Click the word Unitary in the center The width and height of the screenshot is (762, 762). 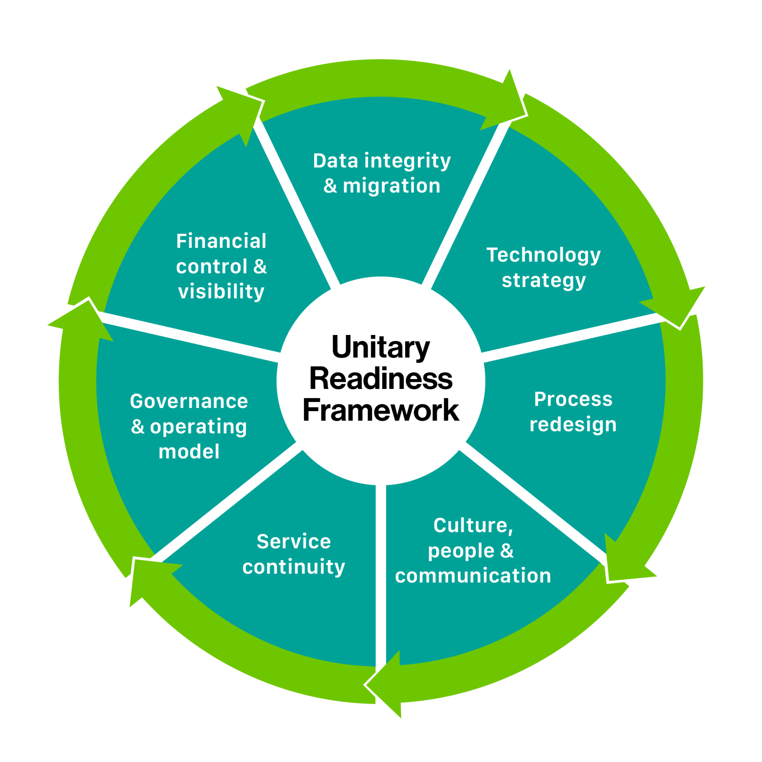[381, 348]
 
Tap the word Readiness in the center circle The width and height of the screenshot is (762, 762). [381, 379]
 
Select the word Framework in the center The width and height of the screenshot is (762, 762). [381, 410]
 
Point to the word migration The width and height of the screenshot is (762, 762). [392, 186]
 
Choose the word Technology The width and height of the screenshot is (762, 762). [544, 255]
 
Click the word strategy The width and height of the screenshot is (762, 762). [544, 281]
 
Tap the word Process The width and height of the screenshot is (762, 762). [573, 399]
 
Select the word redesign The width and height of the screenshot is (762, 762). [573, 425]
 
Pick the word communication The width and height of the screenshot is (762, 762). [473, 576]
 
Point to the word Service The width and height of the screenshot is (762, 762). [294, 542]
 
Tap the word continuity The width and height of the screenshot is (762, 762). [294, 567]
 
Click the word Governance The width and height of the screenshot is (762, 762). [189, 401]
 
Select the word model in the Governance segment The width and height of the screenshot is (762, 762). [189, 452]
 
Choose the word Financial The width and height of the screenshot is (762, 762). [221, 241]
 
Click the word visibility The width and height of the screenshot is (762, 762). [221, 292]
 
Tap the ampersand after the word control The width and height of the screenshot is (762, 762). [260, 266]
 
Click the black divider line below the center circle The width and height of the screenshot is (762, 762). [381, 575]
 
